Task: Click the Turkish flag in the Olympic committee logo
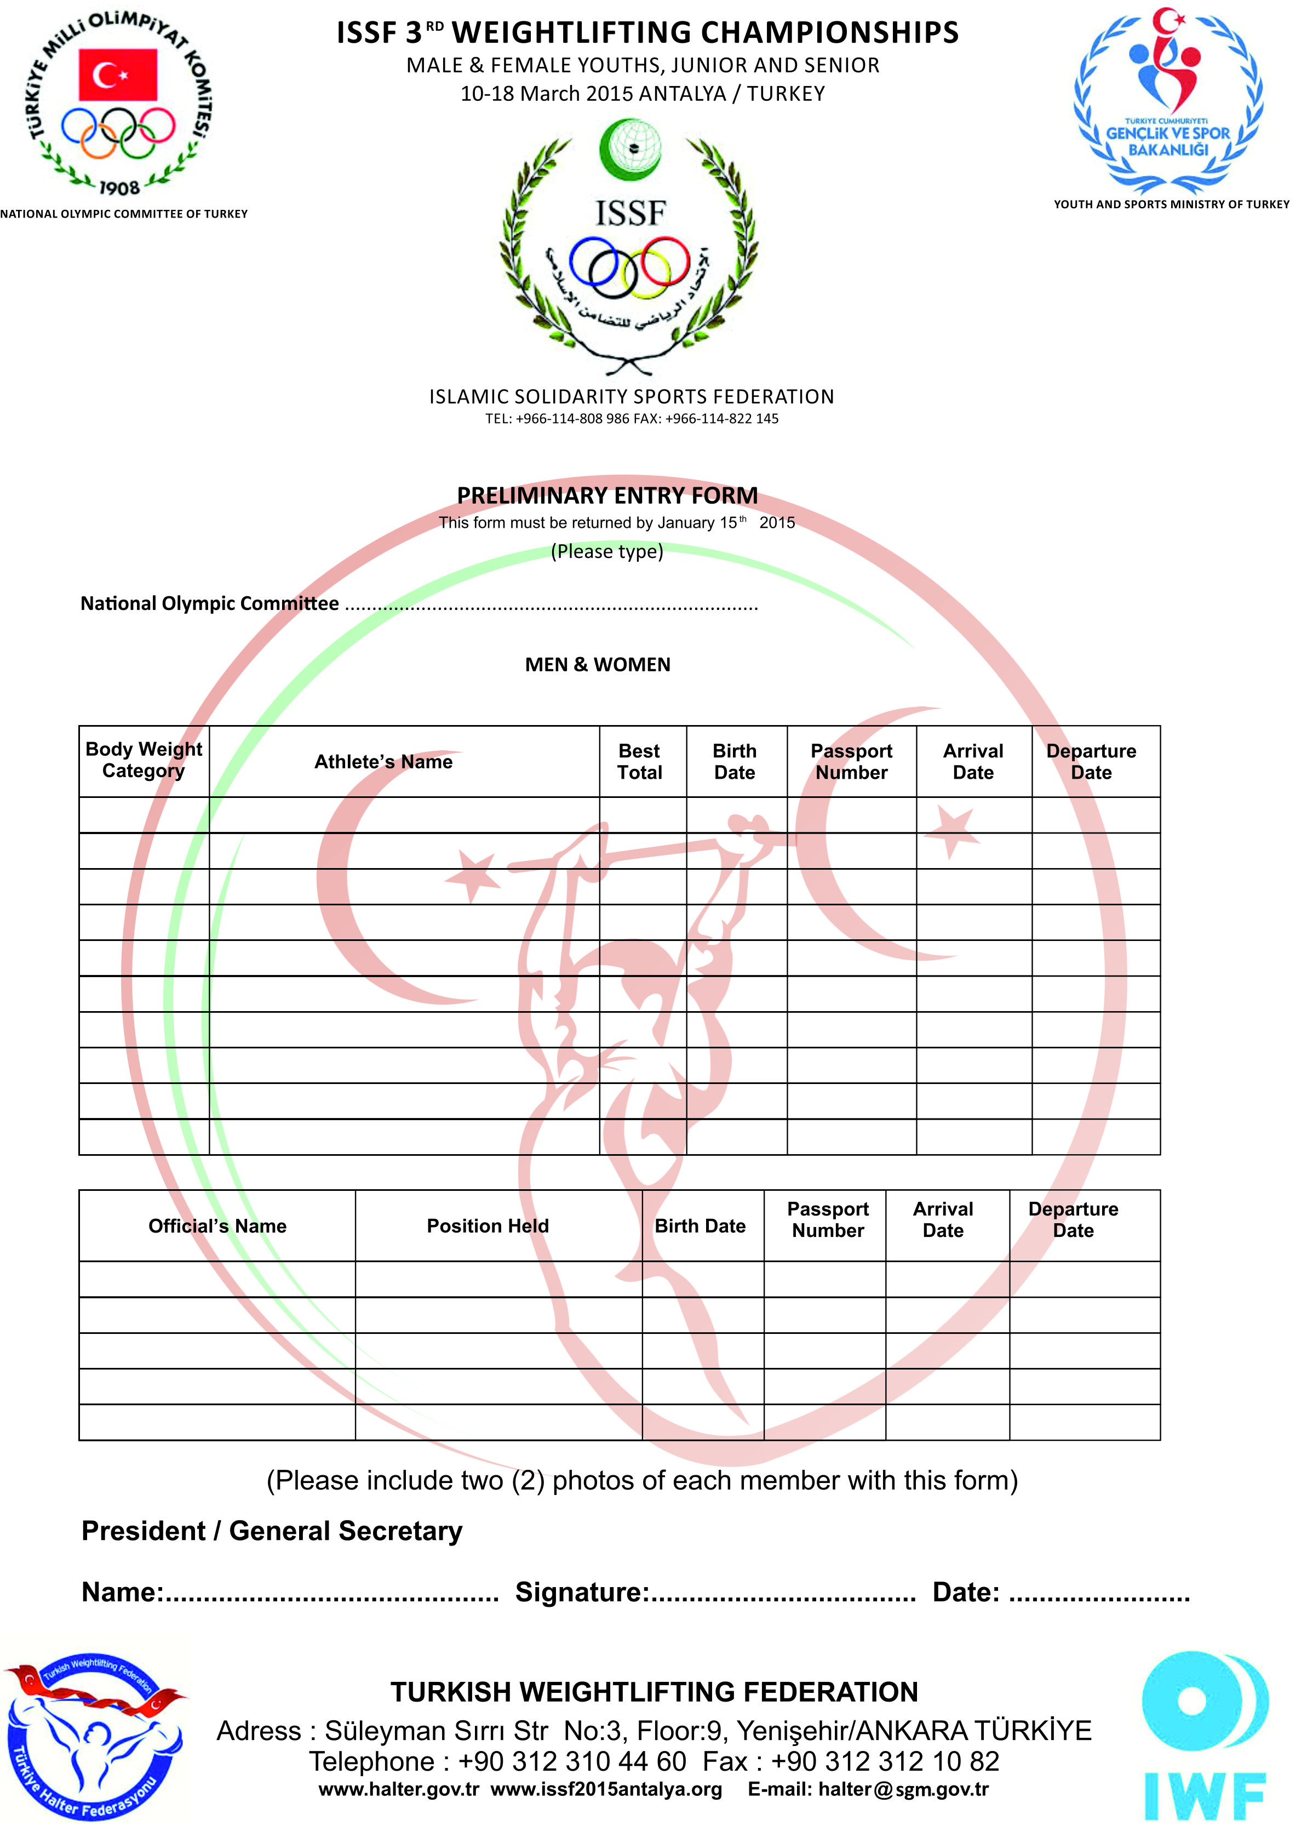coord(118,74)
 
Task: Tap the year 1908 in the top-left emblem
coord(119,187)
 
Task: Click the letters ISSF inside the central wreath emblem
coord(630,213)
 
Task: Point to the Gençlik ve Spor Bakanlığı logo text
coord(1168,141)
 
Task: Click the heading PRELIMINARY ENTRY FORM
coord(607,495)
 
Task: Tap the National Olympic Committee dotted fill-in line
coord(551,606)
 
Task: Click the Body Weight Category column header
coord(144,760)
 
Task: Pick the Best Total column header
coord(640,762)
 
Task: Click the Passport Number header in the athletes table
coord(851,762)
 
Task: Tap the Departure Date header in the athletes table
coord(1091,762)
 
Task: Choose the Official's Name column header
coord(217,1226)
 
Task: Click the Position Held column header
coord(488,1226)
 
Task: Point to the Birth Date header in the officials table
coord(700,1226)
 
